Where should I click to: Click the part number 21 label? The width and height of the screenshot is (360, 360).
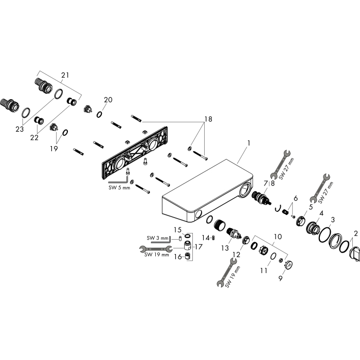pyautogui.click(x=65, y=75)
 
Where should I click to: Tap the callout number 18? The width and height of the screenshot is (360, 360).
pyautogui.click(x=208, y=119)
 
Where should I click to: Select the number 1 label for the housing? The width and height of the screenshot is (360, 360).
pyautogui.click(x=248, y=143)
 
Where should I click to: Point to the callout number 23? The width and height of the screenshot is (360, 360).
pyautogui.click(x=20, y=129)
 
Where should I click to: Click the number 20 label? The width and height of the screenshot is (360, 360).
pyautogui.click(x=108, y=100)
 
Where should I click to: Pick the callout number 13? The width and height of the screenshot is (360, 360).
pyautogui.click(x=225, y=248)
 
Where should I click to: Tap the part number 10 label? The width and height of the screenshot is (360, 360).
pyautogui.click(x=278, y=237)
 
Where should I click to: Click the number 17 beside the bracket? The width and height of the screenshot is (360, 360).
pyautogui.click(x=199, y=247)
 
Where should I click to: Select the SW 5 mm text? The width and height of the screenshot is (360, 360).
pyautogui.click(x=119, y=188)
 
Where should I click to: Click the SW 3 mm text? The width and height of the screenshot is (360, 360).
pyautogui.click(x=157, y=238)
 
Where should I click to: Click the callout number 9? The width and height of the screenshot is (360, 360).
pyautogui.click(x=280, y=278)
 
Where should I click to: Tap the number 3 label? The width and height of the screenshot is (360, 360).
pyautogui.click(x=333, y=220)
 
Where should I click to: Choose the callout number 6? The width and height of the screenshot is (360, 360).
pyautogui.click(x=296, y=198)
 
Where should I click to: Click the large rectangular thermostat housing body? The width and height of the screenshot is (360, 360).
pyautogui.click(x=208, y=191)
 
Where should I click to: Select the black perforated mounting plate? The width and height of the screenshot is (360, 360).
pyautogui.click(x=135, y=153)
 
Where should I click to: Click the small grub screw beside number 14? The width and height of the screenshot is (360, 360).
pyautogui.click(x=214, y=238)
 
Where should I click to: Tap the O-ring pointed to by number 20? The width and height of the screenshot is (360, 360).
pyautogui.click(x=99, y=114)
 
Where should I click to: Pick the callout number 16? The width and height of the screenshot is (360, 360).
pyautogui.click(x=178, y=257)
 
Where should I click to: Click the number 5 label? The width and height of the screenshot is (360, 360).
pyautogui.click(x=311, y=207)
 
